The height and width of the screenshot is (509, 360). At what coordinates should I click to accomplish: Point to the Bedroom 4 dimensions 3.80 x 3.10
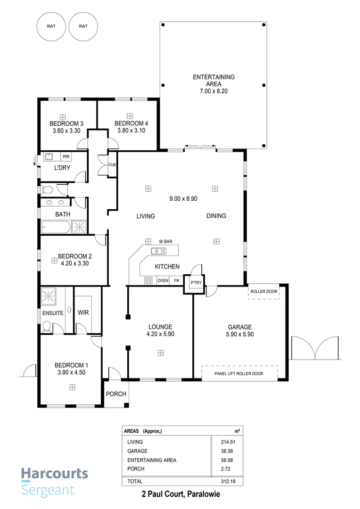pyautogui.click(x=131, y=130)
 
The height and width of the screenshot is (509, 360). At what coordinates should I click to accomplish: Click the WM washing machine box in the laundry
pyautogui.click(x=66, y=156)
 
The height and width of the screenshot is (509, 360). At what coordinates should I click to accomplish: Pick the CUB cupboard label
pyautogui.click(x=112, y=165)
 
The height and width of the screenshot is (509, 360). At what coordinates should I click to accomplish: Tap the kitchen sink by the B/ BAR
pyautogui.click(x=155, y=251)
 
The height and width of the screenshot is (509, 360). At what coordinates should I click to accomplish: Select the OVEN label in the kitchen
pyautogui.click(x=163, y=280)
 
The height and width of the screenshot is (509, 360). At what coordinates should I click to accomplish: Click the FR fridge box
pyautogui.click(x=176, y=280)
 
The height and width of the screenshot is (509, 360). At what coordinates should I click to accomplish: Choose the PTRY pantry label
pyautogui.click(x=195, y=283)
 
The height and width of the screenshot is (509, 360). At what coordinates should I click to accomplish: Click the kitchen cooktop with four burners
pyautogui.click(x=148, y=280)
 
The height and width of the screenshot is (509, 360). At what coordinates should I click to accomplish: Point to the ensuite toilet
pyautogui.click(x=47, y=326)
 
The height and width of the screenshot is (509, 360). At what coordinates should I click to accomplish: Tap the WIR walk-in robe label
pyautogui.click(x=83, y=312)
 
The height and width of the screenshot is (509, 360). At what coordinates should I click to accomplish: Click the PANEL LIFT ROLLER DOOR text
pyautogui.click(x=239, y=373)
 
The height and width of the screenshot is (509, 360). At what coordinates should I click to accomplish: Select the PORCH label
pyautogui.click(x=115, y=394)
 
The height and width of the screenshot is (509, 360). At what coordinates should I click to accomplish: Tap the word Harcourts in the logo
pyautogui.click(x=54, y=473)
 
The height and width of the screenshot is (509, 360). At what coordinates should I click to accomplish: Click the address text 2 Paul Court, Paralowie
pyautogui.click(x=181, y=494)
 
